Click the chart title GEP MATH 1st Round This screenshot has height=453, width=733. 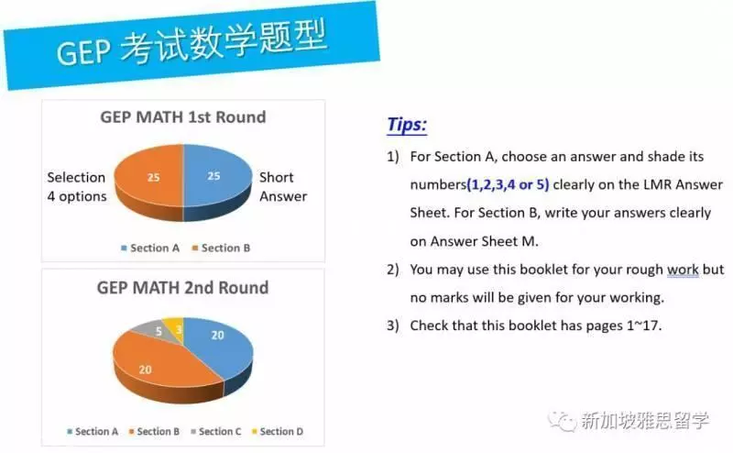tap(182, 117)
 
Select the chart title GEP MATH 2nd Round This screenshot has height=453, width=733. tap(182, 287)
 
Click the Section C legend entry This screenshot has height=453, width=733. tap(216, 432)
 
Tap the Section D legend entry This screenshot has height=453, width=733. tap(278, 432)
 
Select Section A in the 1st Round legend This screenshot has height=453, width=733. tap(150, 248)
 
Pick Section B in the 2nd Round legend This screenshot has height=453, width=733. tap(154, 432)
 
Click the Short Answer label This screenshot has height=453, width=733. tap(283, 187)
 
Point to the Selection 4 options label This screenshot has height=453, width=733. tap(77, 187)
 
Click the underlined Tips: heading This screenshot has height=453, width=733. tap(407, 125)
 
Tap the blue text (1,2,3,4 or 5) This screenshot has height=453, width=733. tap(508, 184)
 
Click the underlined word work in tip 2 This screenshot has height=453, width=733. tap(683, 270)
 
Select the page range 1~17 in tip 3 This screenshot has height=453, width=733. tap(643, 326)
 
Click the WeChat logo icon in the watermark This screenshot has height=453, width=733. tap(563, 421)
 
